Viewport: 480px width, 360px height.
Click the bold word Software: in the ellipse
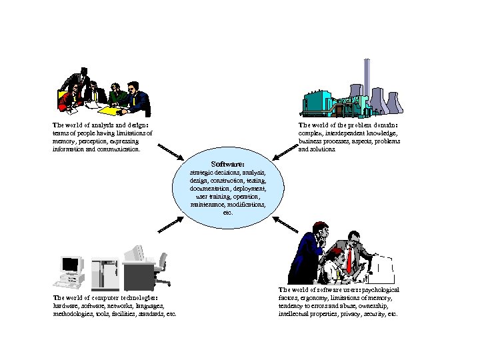click(227, 164)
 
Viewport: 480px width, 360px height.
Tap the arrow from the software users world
click(287, 225)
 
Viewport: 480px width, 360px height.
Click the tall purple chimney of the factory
click(366, 77)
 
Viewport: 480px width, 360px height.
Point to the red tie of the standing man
click(348, 259)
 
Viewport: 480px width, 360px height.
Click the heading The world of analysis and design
click(100, 125)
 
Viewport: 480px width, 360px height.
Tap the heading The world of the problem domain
click(348, 125)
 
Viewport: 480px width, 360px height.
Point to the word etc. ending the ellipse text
click(227, 213)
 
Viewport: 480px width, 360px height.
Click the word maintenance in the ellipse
click(207, 205)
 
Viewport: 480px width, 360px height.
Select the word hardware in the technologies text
click(65, 305)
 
